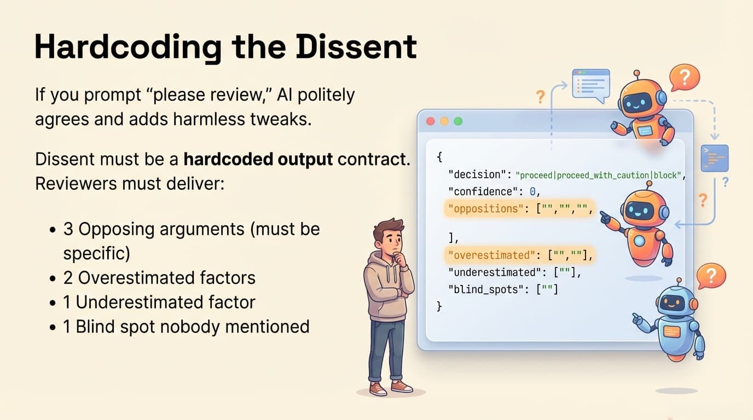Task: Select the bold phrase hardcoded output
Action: click(258, 160)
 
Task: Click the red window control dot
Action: click(430, 121)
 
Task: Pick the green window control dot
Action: click(458, 121)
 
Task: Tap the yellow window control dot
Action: click(444, 121)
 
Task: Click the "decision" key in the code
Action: click(474, 175)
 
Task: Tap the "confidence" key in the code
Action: click(480, 192)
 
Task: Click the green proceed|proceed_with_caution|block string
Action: click(599, 176)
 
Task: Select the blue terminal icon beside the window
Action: click(715, 158)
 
